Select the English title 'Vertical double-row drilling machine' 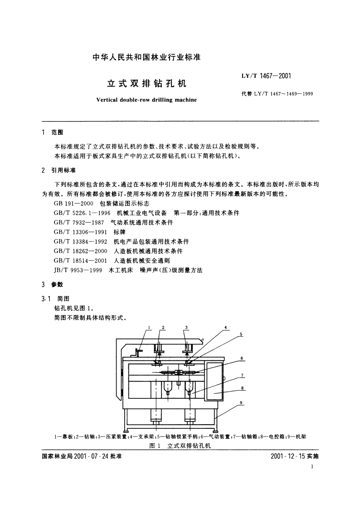[x=146, y=100]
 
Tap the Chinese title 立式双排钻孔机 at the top [x=146, y=84]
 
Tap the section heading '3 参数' [x=52, y=285]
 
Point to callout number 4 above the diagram [x=225, y=327]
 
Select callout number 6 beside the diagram [x=242, y=358]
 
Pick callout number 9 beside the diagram [x=242, y=402]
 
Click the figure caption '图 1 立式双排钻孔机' [x=180, y=446]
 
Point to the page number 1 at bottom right [x=313, y=466]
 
